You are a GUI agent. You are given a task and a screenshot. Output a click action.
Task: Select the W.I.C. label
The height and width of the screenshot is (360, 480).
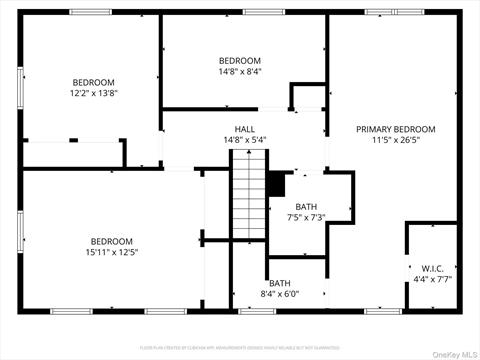click(433, 268)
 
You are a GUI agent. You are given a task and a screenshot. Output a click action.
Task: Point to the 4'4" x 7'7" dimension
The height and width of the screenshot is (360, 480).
click(433, 279)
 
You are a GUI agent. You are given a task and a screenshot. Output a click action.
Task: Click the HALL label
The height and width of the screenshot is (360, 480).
click(245, 130)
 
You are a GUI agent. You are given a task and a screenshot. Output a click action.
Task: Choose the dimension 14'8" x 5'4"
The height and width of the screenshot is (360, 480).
click(245, 141)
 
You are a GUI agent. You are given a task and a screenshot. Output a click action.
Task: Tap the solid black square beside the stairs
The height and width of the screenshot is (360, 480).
click(276, 185)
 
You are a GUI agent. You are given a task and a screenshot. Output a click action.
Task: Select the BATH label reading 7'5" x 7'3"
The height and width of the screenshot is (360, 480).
click(306, 207)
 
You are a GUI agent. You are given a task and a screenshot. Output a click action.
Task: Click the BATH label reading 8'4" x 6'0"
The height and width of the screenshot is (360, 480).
click(279, 283)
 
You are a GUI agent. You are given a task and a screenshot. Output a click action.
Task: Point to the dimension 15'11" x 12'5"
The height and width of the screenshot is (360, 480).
click(111, 252)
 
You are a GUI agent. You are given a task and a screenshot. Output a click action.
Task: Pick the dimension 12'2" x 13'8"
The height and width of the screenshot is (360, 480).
click(93, 93)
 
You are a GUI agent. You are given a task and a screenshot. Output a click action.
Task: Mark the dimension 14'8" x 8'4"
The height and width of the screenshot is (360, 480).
click(240, 71)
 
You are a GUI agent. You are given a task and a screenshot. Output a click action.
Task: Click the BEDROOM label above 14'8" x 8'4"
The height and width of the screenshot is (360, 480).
click(240, 60)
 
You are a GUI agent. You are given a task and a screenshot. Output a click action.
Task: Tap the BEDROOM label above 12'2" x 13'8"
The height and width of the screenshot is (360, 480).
click(93, 82)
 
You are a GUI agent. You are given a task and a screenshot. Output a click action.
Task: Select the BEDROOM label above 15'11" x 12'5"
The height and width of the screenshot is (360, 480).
click(111, 241)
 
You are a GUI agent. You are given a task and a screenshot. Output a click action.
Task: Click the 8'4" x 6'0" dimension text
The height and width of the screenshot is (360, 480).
click(279, 294)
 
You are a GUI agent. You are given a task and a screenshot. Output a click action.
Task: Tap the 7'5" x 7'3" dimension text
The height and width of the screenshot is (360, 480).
click(306, 218)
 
